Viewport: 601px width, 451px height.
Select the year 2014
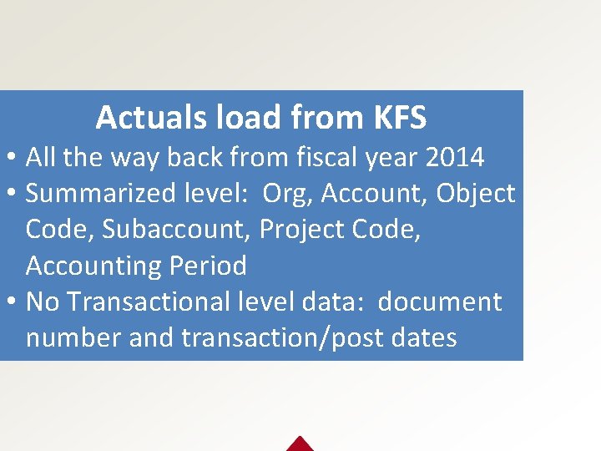[x=455, y=156]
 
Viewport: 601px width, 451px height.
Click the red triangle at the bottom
[x=300, y=444]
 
